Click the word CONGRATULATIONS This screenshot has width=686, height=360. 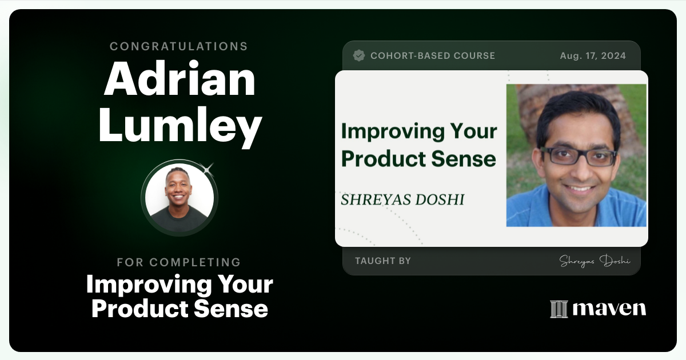pyautogui.click(x=179, y=46)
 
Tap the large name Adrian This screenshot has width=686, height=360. pyautogui.click(x=180, y=80)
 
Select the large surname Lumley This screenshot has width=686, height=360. pyautogui.click(x=180, y=126)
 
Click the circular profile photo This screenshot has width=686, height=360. pyautogui.click(x=180, y=198)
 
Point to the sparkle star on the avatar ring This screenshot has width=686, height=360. pyautogui.click(x=208, y=169)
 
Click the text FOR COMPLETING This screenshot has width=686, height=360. pyautogui.click(x=179, y=262)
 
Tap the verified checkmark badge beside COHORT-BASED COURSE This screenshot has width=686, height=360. pyautogui.click(x=359, y=55)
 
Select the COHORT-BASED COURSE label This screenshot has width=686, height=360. pyautogui.click(x=433, y=56)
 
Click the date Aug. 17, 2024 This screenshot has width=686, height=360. pyautogui.click(x=593, y=56)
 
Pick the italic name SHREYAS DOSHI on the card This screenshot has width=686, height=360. pyautogui.click(x=402, y=199)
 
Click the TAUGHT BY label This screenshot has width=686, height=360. pyautogui.click(x=382, y=261)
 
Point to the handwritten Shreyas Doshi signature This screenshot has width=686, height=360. pyautogui.click(x=595, y=261)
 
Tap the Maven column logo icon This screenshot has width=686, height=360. pyautogui.click(x=559, y=309)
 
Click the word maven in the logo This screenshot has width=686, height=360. pyautogui.click(x=609, y=309)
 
